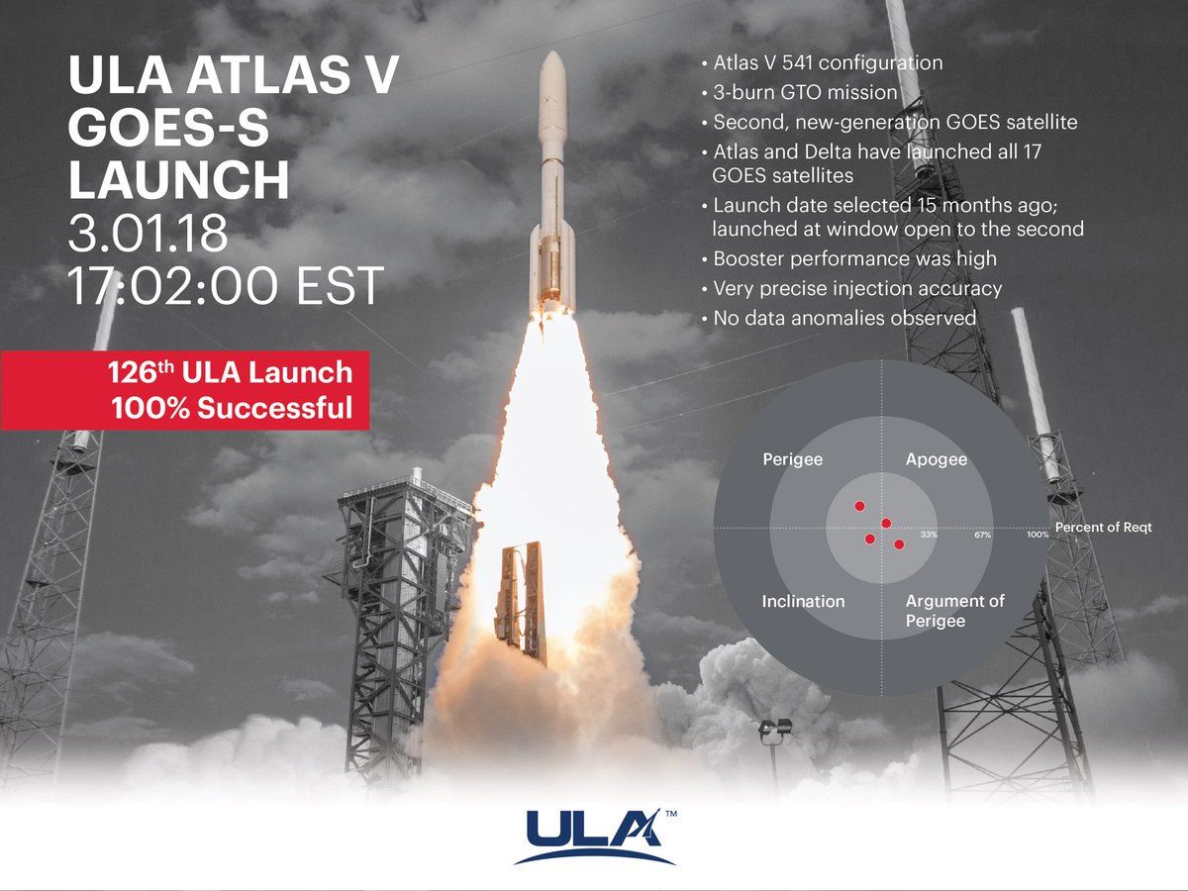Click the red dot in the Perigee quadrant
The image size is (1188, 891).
pos(859,506)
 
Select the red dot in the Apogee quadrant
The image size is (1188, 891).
pos(886,523)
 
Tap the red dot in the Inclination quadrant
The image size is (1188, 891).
pos(869,540)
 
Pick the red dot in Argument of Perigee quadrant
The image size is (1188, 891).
pos(899,544)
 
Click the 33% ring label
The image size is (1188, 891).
pos(929,535)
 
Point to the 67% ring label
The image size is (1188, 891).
pos(982,535)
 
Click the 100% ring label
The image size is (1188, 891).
pos(1037,535)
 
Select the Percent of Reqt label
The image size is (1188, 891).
pos(1103,528)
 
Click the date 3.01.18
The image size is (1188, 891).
pos(148,234)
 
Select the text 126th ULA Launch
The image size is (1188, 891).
pos(230,373)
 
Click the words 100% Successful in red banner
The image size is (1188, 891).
pos(232,408)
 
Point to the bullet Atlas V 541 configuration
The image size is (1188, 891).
pos(828,63)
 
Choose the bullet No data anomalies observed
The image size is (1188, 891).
pos(844,319)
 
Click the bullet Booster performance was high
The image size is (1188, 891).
pos(854,259)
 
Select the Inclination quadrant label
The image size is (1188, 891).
pos(803,601)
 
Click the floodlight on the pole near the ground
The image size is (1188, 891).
pos(775,730)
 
